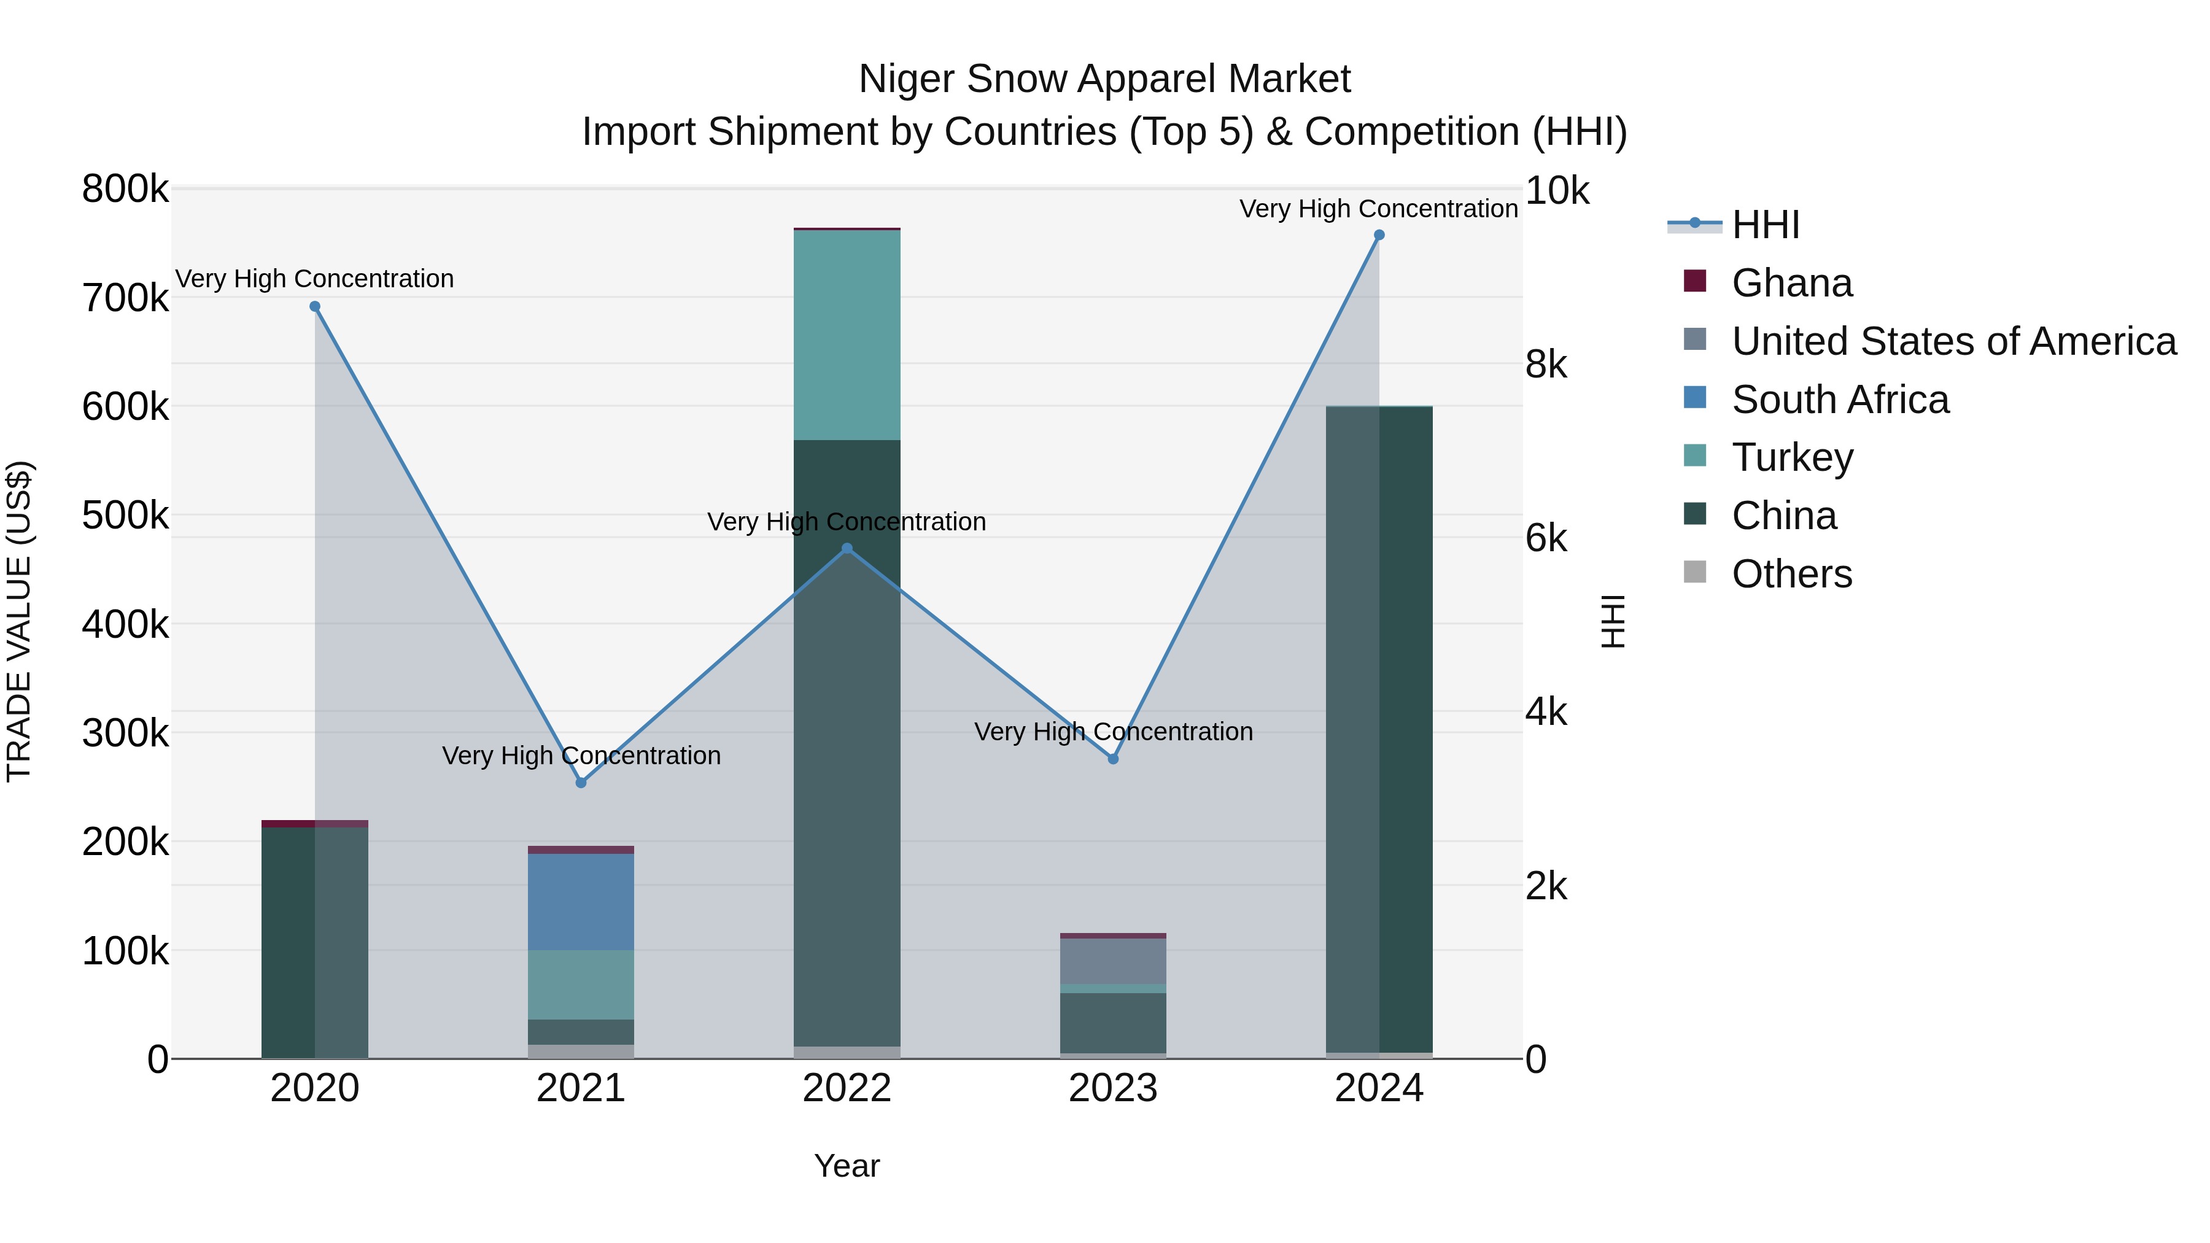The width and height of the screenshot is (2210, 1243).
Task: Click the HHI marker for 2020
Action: [315, 306]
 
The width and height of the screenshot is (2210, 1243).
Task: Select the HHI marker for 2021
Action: [581, 783]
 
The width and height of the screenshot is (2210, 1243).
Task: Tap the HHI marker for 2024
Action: [1379, 235]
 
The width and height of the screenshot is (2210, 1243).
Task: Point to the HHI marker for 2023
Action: [1113, 758]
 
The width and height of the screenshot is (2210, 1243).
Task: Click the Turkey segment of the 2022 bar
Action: [847, 335]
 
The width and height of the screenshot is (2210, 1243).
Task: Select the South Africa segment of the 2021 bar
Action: [581, 900]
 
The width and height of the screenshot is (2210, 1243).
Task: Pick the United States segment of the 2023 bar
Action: [1113, 961]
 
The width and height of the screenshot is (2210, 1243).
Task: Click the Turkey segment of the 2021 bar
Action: [581, 984]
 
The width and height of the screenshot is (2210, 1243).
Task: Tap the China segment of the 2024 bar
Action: [1379, 729]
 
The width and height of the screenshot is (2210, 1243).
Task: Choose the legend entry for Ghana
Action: [1791, 283]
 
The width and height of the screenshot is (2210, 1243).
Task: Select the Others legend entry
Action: [1791, 574]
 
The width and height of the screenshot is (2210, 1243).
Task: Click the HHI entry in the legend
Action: [1765, 225]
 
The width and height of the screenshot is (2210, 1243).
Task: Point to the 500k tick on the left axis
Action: [125, 516]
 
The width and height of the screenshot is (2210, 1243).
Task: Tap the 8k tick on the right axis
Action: [1546, 365]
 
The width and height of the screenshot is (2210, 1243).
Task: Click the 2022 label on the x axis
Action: [847, 1088]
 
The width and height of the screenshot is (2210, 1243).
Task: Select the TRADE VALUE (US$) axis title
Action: [20, 621]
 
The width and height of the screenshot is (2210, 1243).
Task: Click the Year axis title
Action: [847, 1166]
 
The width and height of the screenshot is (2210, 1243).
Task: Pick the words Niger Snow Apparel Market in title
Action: [1104, 79]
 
